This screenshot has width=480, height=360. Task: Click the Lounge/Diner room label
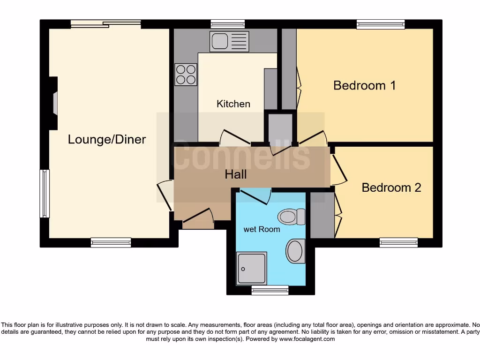point(107,139)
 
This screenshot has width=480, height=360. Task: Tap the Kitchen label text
point(233,104)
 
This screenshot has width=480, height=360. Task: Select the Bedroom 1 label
point(364,85)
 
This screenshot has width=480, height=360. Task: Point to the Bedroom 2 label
point(391,187)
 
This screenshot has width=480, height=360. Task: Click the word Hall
point(235,174)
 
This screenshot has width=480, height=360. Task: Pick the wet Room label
point(262,229)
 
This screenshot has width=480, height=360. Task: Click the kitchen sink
point(229,41)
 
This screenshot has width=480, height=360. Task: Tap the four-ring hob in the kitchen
point(186,75)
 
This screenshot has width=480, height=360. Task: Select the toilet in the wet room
point(291,217)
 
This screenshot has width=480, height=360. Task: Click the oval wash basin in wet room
point(295,251)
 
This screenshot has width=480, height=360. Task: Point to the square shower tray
point(252,268)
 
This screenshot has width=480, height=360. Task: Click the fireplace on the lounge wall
point(54,103)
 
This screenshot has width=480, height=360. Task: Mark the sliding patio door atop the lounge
point(105,24)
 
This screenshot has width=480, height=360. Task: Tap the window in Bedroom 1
point(380,24)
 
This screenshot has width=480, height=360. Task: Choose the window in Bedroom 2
point(398,242)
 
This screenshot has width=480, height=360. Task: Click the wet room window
point(270,290)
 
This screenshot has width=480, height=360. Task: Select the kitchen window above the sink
point(227,24)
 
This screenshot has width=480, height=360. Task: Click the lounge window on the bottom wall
point(111,242)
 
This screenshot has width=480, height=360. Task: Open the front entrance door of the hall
point(198,220)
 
